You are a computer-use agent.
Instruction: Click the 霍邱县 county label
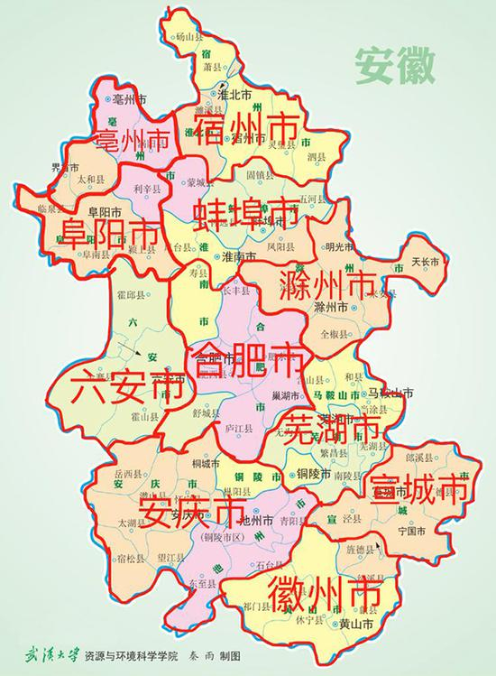click(133, 294)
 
